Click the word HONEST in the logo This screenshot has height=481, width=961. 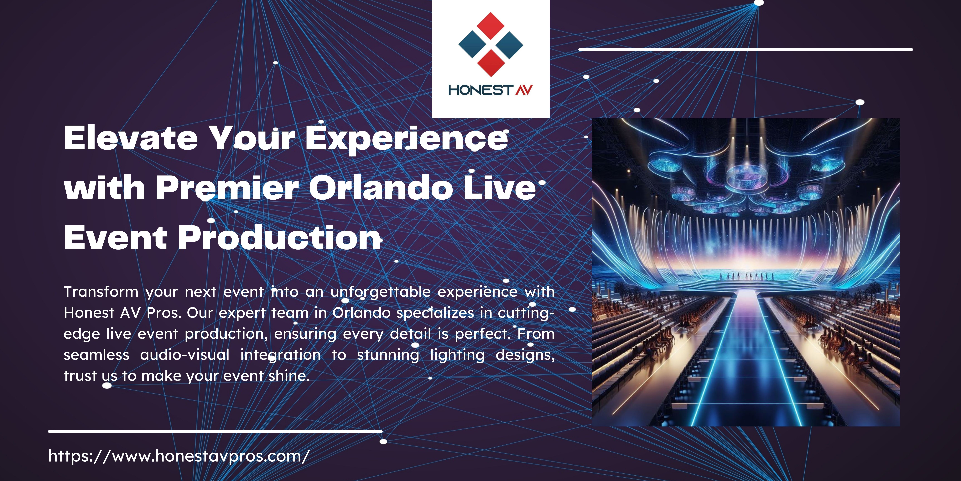(x=481, y=90)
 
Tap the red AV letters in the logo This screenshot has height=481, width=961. (x=524, y=90)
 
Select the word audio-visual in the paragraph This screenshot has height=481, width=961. (x=185, y=354)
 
